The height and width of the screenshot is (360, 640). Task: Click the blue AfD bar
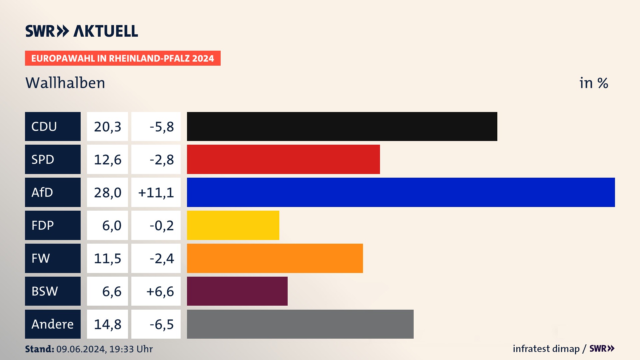(x=401, y=192)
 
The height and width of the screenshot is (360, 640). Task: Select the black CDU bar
(x=342, y=127)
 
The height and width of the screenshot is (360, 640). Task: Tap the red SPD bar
(x=283, y=159)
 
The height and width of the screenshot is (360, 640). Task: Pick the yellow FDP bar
(x=233, y=225)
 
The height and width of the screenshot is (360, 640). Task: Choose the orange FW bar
(x=275, y=258)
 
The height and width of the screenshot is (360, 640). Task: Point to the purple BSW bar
(x=237, y=291)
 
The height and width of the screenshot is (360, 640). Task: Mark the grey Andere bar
(x=300, y=324)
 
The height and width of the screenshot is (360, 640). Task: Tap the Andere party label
(x=53, y=324)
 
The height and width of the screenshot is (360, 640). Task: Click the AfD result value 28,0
(x=107, y=192)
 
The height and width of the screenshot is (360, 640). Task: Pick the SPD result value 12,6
(x=107, y=159)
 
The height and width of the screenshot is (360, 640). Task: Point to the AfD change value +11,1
(x=156, y=192)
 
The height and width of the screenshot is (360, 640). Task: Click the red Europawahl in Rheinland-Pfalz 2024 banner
(x=123, y=58)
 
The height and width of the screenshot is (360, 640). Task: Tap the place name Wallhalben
(x=65, y=83)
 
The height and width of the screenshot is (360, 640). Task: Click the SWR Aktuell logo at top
(x=82, y=31)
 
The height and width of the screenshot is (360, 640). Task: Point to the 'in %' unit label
(x=594, y=83)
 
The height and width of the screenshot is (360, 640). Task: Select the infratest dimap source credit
(x=546, y=349)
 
